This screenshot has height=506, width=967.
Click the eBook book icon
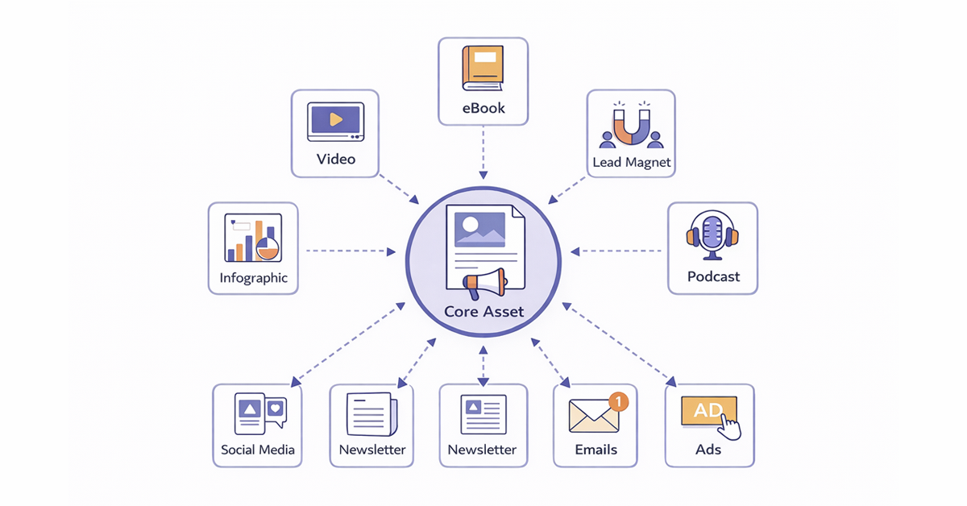coord(482,68)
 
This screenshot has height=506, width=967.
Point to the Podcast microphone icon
coord(712,234)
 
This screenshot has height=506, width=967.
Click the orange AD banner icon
coord(708,411)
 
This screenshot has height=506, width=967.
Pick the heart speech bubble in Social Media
coord(276,408)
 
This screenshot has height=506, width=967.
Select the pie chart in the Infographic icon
coord(267,247)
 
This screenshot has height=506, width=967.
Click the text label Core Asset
coord(483,312)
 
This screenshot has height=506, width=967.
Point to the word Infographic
coord(253,279)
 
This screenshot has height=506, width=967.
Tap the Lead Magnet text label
coord(631,162)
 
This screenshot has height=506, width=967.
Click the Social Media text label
coord(258,450)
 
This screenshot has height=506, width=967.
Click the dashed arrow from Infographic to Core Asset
coord(351,251)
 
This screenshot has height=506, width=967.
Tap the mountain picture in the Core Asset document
coord(480,229)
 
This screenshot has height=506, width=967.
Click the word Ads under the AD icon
coord(708,450)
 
